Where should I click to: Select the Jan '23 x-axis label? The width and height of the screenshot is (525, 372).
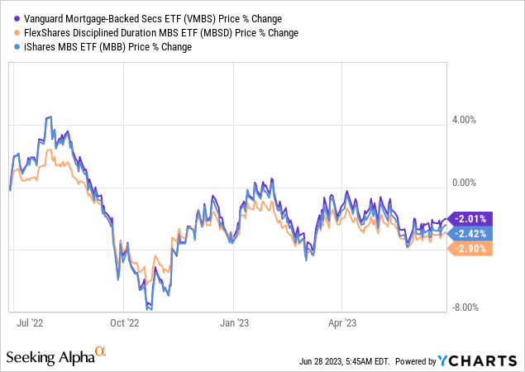(236, 322)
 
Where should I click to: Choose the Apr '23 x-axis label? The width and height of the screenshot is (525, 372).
(341, 322)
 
